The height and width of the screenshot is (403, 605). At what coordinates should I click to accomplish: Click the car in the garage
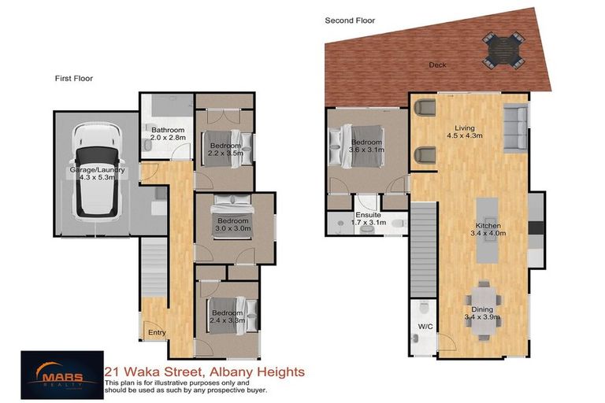click(95, 171)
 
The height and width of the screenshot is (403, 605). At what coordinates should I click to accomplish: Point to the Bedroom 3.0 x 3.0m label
click(234, 226)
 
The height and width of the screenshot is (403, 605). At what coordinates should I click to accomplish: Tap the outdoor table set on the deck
click(502, 49)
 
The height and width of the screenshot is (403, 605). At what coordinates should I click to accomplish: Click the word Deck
click(437, 65)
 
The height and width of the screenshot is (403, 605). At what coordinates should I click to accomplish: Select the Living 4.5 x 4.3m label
click(470, 131)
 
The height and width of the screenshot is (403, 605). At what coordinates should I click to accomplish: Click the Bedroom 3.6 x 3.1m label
click(366, 146)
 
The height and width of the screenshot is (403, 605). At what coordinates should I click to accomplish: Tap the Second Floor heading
click(350, 20)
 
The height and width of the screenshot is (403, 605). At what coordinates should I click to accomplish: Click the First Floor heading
click(74, 79)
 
